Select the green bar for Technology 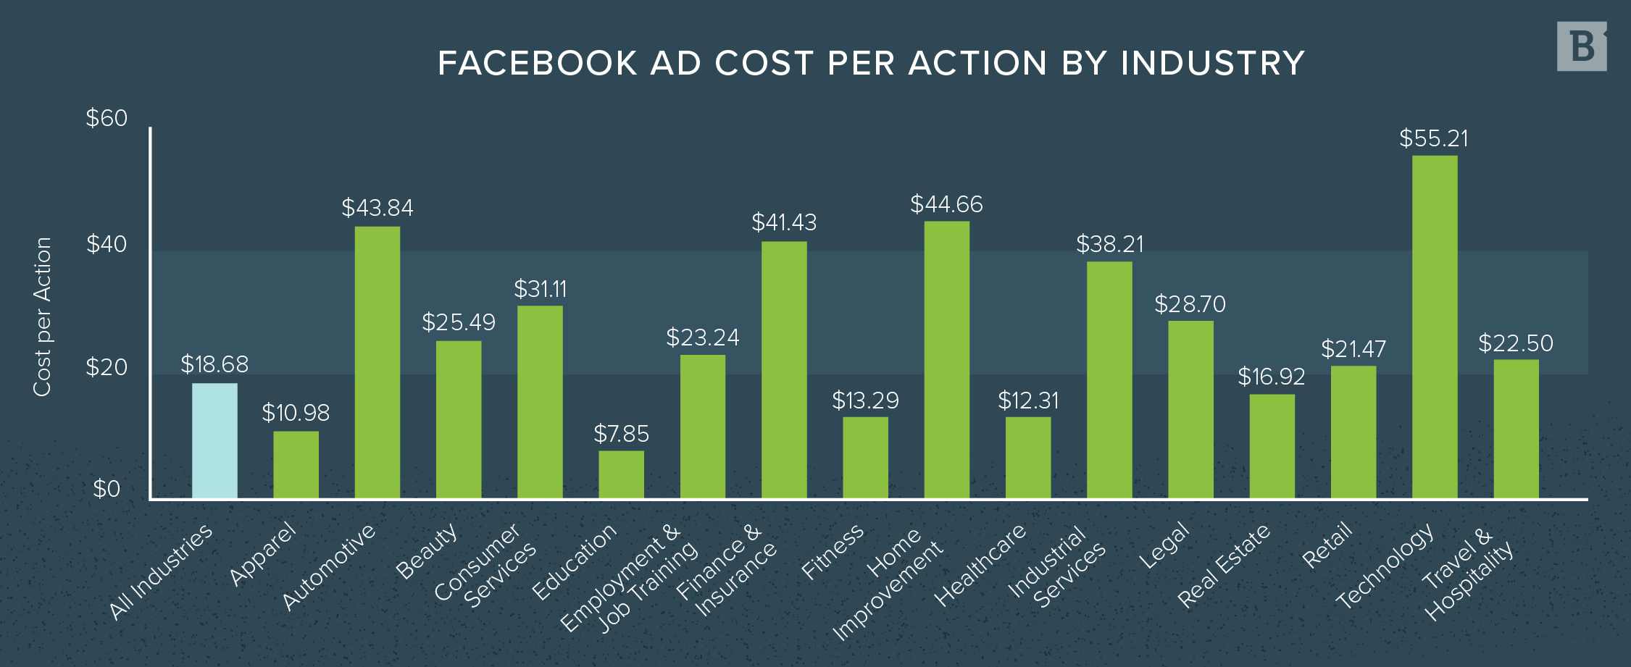pyautogui.click(x=1435, y=326)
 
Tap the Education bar pyautogui.click(x=621, y=474)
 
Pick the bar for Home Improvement pyautogui.click(x=946, y=359)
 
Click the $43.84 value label pyautogui.click(x=377, y=209)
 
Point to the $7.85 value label pyautogui.click(x=621, y=435)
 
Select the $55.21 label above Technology pyautogui.click(x=1433, y=139)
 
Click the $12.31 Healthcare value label pyautogui.click(x=1027, y=401)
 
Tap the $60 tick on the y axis pyautogui.click(x=107, y=118)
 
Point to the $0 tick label pyautogui.click(x=107, y=490)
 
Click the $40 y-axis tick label pyautogui.click(x=107, y=244)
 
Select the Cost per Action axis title pyautogui.click(x=43, y=316)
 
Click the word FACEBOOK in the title pyautogui.click(x=537, y=63)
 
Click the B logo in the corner pyautogui.click(x=1582, y=46)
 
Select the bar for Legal pyautogui.click(x=1190, y=409)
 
